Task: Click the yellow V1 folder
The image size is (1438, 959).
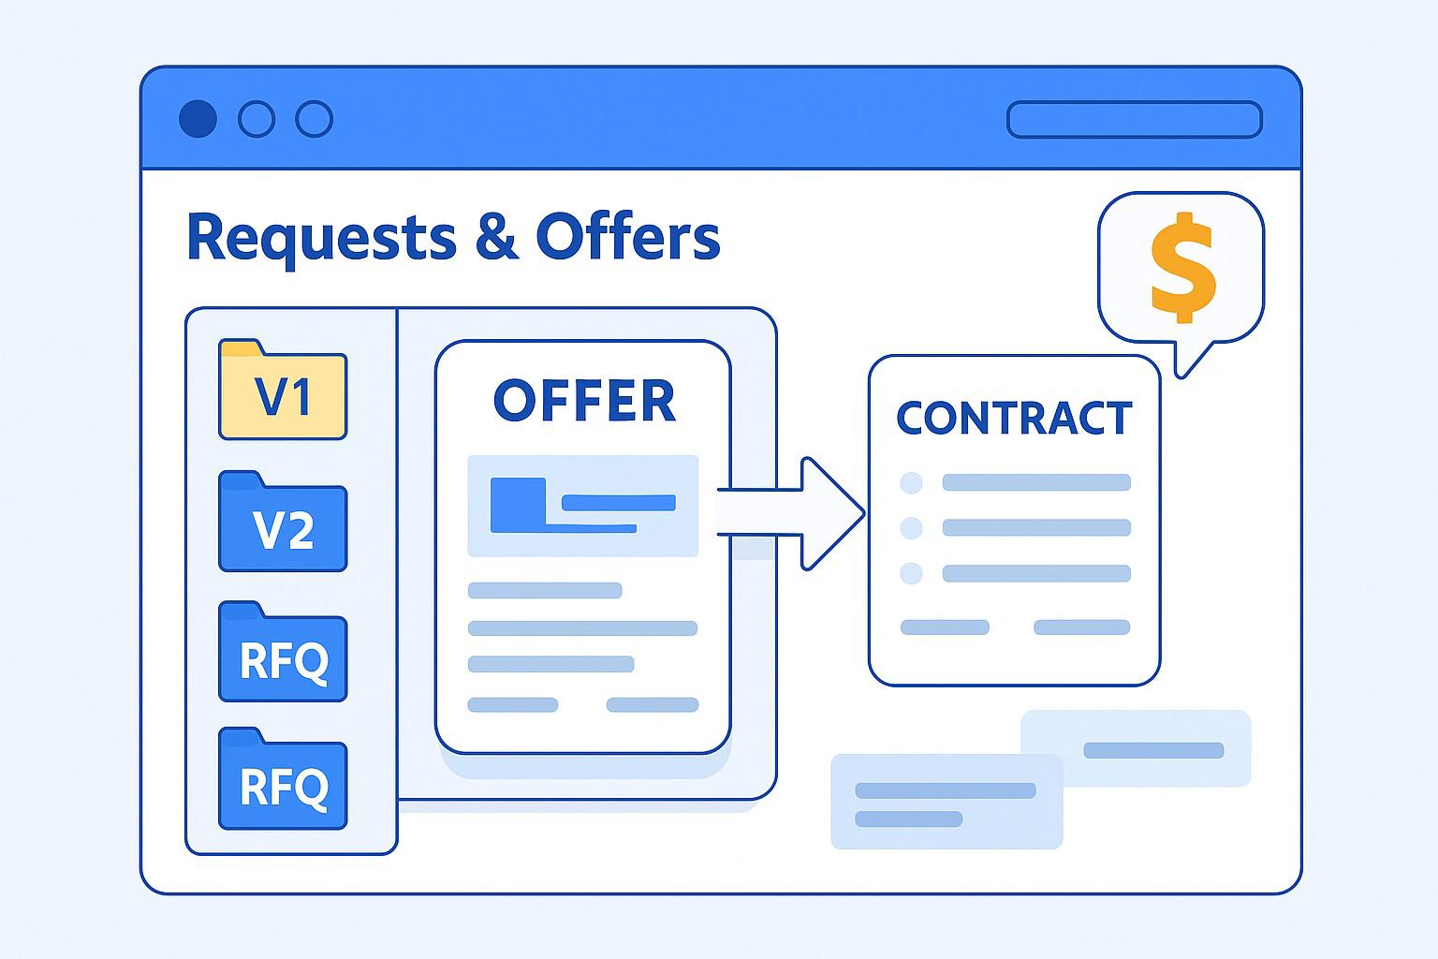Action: (x=283, y=390)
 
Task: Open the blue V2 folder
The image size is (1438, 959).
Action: (x=283, y=522)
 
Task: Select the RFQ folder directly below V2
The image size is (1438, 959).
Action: (x=283, y=652)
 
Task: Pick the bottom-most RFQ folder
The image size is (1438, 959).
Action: (x=283, y=778)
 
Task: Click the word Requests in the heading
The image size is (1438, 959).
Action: (x=322, y=239)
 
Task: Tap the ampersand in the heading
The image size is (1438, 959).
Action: (x=496, y=236)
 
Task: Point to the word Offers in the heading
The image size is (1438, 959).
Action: (x=628, y=235)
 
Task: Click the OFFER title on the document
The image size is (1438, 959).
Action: (x=584, y=400)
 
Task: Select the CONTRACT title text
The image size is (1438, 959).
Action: (x=1014, y=418)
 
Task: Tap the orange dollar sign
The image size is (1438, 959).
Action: (x=1182, y=267)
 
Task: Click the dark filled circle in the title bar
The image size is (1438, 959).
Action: (x=198, y=119)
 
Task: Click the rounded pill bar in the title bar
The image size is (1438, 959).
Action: (x=1135, y=120)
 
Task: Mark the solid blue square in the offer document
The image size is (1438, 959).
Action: (x=518, y=505)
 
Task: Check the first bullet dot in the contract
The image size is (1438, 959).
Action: (x=911, y=482)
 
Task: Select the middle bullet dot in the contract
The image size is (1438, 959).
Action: (x=911, y=528)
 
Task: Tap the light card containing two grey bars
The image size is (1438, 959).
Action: (x=946, y=802)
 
